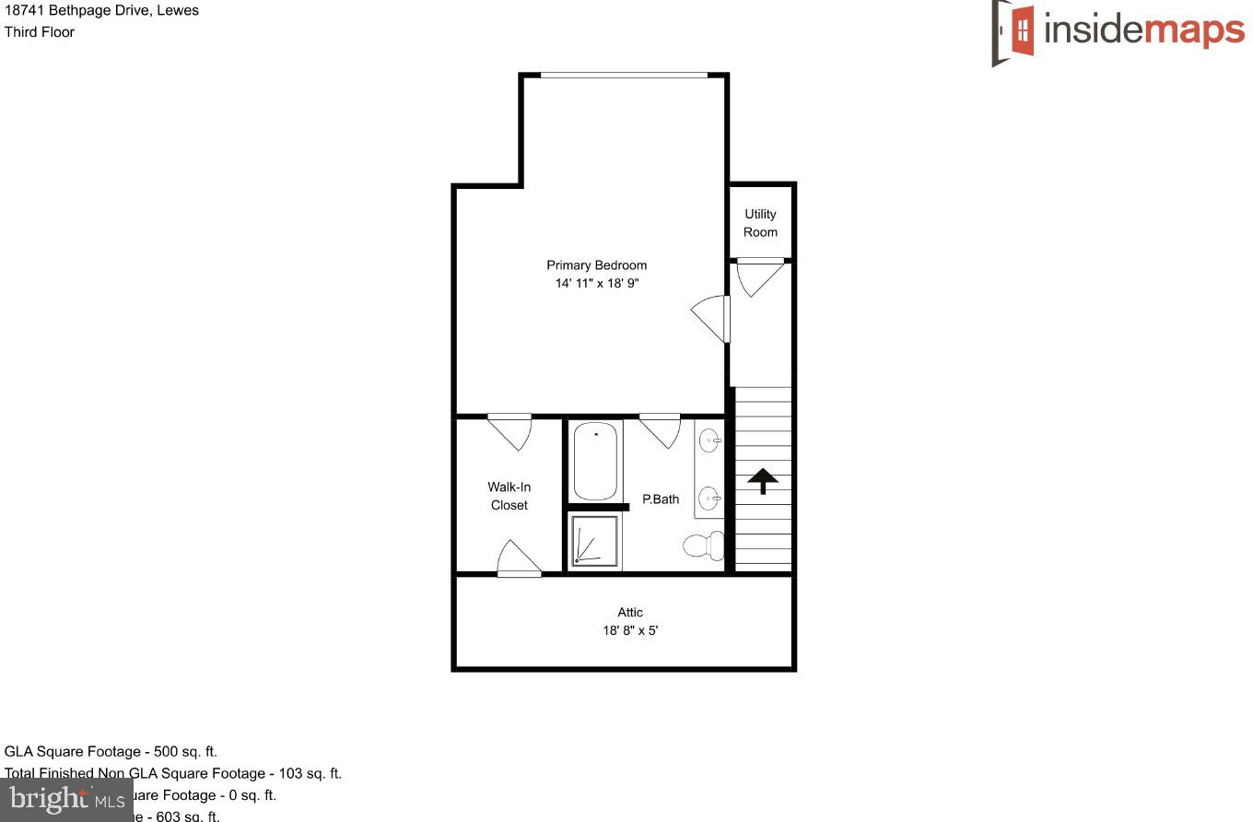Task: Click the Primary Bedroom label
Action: point(596,265)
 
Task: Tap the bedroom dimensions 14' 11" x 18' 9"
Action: point(596,284)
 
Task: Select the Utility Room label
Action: point(760,223)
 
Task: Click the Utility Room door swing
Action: point(758,277)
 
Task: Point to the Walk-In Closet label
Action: point(509,496)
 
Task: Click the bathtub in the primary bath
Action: point(596,460)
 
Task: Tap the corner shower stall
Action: point(594,540)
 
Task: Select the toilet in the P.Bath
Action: point(705,546)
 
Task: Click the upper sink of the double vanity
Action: point(709,441)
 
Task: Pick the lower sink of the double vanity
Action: point(709,499)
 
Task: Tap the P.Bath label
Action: point(661,499)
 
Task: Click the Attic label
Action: point(630,612)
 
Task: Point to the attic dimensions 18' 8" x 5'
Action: point(630,631)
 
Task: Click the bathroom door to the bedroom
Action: point(660,429)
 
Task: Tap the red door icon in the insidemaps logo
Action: point(1022,30)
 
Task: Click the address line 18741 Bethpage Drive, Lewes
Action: point(101,11)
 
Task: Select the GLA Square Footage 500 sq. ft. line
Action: point(111,752)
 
